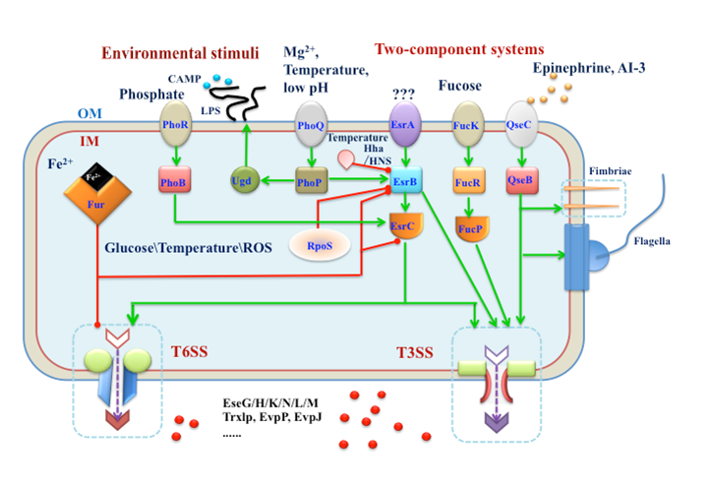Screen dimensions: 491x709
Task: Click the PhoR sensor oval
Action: coord(176,126)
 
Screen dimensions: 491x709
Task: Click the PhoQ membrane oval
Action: coord(311,126)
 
